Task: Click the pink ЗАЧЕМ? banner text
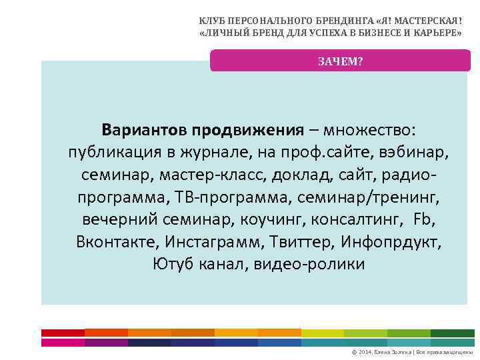340,61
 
